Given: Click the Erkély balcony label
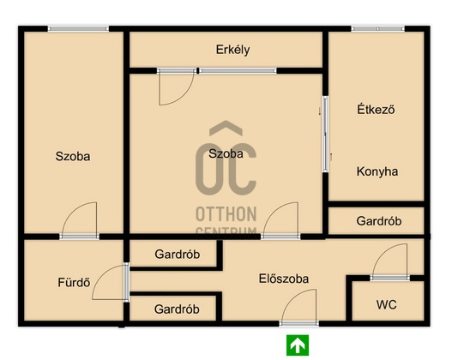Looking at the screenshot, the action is pyautogui.click(x=232, y=50).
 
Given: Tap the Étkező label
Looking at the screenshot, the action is pyautogui.click(x=376, y=110).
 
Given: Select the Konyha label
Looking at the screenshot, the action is pyautogui.click(x=377, y=171).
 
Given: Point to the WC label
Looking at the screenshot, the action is pyautogui.click(x=386, y=304).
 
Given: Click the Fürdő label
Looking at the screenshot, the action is pyautogui.click(x=74, y=282).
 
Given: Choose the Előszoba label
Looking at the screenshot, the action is pyautogui.click(x=284, y=279).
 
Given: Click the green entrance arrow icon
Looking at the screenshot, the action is pyautogui.click(x=298, y=345).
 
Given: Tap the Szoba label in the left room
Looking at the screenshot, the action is pyautogui.click(x=73, y=156).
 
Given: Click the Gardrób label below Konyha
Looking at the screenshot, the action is pyautogui.click(x=379, y=221).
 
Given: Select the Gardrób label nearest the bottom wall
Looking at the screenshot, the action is pyautogui.click(x=177, y=309).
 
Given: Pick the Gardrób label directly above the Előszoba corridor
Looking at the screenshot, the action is pyautogui.click(x=177, y=255).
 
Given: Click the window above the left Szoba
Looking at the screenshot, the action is pyautogui.click(x=78, y=28).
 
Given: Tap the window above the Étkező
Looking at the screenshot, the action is pyautogui.click(x=378, y=28).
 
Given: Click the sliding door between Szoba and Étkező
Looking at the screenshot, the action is pyautogui.click(x=325, y=135).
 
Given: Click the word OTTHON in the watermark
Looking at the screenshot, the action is pyautogui.click(x=226, y=214).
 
